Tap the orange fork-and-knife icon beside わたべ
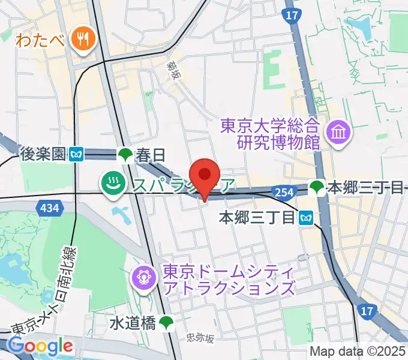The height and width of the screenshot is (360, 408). (x=80, y=40)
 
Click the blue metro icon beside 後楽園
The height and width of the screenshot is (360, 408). (x=76, y=155)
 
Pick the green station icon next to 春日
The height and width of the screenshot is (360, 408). (x=125, y=155)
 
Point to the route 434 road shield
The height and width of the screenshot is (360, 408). (x=47, y=208)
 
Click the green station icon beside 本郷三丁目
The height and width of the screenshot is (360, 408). (x=316, y=188)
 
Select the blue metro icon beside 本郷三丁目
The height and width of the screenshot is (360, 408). (x=307, y=217)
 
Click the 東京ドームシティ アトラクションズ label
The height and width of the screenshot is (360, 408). (x=227, y=280)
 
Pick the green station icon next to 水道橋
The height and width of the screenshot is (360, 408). (x=167, y=323)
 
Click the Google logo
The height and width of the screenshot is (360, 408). (x=40, y=346)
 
